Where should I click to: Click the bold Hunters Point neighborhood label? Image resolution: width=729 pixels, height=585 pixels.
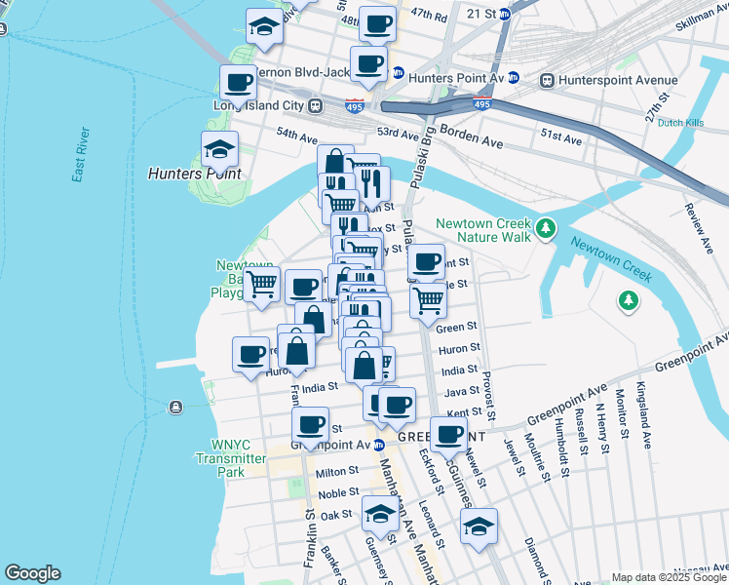(194, 174)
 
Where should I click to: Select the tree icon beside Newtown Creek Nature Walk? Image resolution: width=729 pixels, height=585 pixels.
(547, 229)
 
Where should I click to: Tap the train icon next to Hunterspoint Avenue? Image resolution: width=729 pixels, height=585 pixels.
(548, 80)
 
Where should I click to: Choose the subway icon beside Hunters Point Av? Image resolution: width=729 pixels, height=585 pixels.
(398, 72)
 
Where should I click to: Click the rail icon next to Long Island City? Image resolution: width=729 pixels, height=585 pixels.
(316, 105)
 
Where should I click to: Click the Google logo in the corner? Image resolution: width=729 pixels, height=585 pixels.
(31, 573)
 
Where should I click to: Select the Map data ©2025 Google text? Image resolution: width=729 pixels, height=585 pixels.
(669, 577)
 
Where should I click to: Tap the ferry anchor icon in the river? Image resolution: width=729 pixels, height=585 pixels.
(174, 407)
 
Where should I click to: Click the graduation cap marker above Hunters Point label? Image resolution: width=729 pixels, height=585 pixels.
(219, 149)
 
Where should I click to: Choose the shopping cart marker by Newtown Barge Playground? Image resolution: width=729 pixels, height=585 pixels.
(261, 284)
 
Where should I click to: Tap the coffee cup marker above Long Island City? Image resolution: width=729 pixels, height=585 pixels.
(238, 82)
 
